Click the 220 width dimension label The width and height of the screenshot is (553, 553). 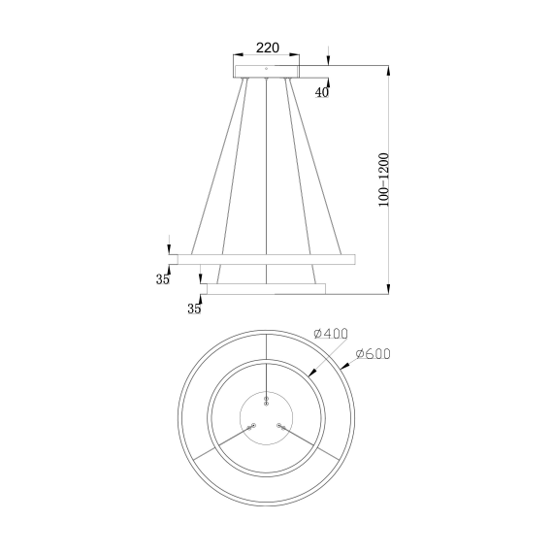(267, 47)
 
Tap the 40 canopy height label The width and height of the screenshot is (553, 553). (321, 92)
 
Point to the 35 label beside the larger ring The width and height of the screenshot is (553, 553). (162, 279)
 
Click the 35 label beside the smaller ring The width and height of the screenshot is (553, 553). (194, 309)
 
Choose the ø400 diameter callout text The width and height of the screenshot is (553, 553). (331, 334)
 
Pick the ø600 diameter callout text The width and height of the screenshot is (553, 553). (373, 354)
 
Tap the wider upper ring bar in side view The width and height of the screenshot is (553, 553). (266, 259)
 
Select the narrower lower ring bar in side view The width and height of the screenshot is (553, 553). (266, 288)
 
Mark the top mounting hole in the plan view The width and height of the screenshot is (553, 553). (266, 400)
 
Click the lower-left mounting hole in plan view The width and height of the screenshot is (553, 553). (250, 426)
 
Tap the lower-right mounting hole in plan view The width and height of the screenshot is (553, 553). (281, 426)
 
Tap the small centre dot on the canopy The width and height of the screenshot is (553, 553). (266, 69)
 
